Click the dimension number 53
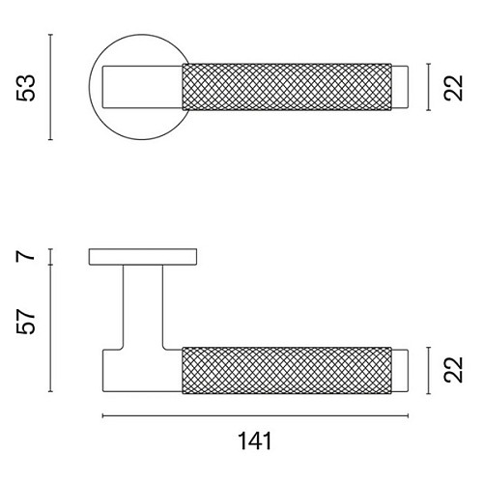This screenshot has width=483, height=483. (x=25, y=88)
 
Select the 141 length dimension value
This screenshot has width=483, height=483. (x=255, y=441)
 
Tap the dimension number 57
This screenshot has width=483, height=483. (x=25, y=322)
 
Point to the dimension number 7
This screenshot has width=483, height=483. (x=25, y=256)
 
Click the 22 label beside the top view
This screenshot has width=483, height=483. (x=453, y=88)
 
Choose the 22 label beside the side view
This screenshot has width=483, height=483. (x=453, y=370)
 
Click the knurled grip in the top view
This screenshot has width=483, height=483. (x=287, y=87)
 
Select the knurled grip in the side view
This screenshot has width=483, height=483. (x=287, y=370)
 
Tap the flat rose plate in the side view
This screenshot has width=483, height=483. (x=143, y=257)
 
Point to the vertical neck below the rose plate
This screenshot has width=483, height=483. (x=143, y=307)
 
